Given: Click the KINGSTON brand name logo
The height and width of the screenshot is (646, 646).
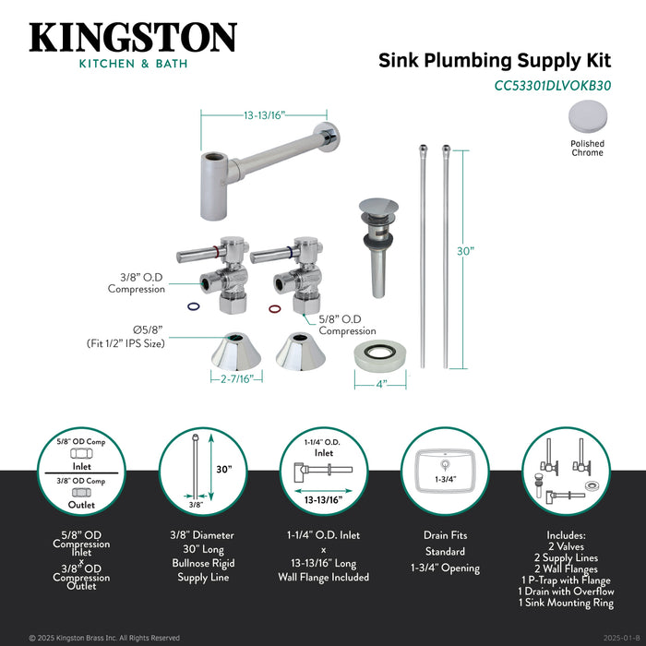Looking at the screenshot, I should coord(133,38).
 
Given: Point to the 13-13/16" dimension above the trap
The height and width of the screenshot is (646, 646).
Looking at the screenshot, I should coord(265,115).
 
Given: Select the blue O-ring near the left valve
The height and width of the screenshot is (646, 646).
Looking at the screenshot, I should coord(192,308).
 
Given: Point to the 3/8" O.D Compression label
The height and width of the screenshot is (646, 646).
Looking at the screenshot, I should coord(136,282).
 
